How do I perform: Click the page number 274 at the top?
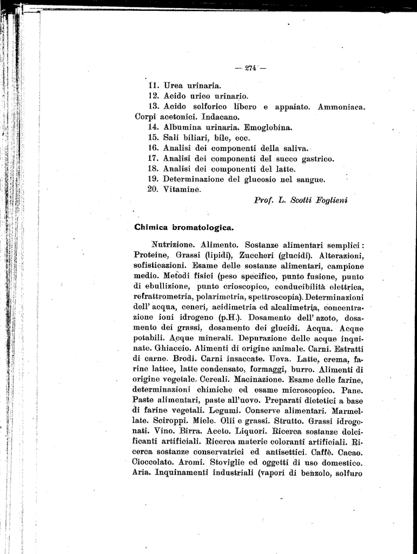point(250,68)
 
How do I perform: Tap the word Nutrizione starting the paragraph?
point(174,245)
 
